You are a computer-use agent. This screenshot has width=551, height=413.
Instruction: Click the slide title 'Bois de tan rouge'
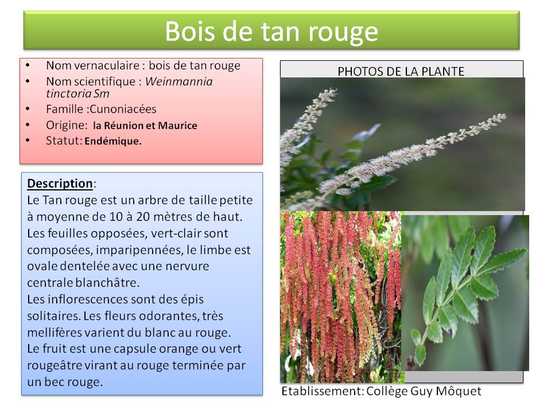271,32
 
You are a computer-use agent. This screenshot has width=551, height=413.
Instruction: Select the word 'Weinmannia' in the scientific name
179,81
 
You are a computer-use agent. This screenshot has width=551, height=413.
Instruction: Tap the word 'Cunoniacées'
123,109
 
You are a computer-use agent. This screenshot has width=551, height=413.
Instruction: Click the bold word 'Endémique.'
113,141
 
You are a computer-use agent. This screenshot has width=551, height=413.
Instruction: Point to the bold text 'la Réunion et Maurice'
145,126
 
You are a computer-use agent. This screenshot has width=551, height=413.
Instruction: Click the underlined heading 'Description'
60,184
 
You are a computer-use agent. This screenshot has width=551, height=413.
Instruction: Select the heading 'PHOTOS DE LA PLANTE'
401,71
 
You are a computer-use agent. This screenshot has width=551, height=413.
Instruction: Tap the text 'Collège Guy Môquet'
424,391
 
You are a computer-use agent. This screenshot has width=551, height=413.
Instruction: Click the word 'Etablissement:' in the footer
323,391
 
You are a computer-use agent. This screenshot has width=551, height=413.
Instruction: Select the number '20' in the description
143,217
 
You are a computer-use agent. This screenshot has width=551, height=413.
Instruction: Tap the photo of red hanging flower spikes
341,297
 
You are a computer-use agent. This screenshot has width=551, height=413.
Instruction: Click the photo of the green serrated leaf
465,293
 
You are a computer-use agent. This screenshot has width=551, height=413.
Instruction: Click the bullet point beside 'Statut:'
28,140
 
